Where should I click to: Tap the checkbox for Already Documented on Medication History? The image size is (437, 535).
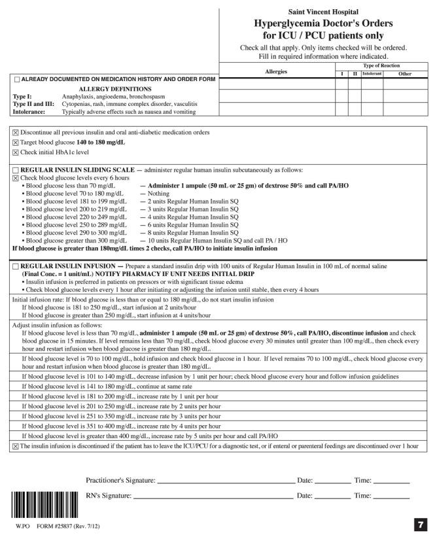coord(17,80)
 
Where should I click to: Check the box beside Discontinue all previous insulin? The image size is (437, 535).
coord(16,132)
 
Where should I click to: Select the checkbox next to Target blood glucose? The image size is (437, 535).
coord(16,142)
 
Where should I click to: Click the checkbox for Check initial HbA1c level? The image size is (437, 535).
coord(16,152)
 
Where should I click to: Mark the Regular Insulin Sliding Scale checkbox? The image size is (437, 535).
coord(16,169)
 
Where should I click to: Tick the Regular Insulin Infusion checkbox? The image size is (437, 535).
coord(16,266)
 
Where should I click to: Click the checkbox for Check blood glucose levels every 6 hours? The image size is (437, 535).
coord(16,178)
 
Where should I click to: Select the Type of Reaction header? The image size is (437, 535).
coord(381,66)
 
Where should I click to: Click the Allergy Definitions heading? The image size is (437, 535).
coord(115,89)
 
